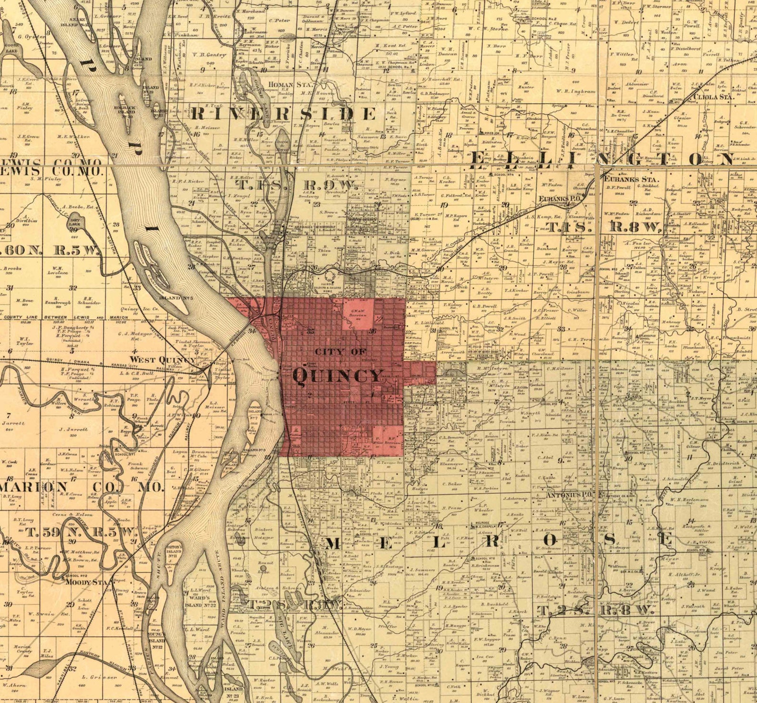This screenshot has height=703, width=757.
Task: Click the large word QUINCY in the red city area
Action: coord(338,376)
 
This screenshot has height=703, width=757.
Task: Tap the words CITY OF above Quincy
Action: coord(340,352)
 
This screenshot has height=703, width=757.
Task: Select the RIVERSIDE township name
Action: coord(283,114)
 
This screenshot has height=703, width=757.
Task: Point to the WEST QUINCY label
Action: coord(163,359)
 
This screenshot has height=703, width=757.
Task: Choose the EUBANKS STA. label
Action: coord(631,180)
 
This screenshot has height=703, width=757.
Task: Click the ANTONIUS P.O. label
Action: coord(569,495)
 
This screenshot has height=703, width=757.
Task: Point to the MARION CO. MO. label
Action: coord(81,487)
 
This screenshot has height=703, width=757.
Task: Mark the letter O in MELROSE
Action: coord(551,540)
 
